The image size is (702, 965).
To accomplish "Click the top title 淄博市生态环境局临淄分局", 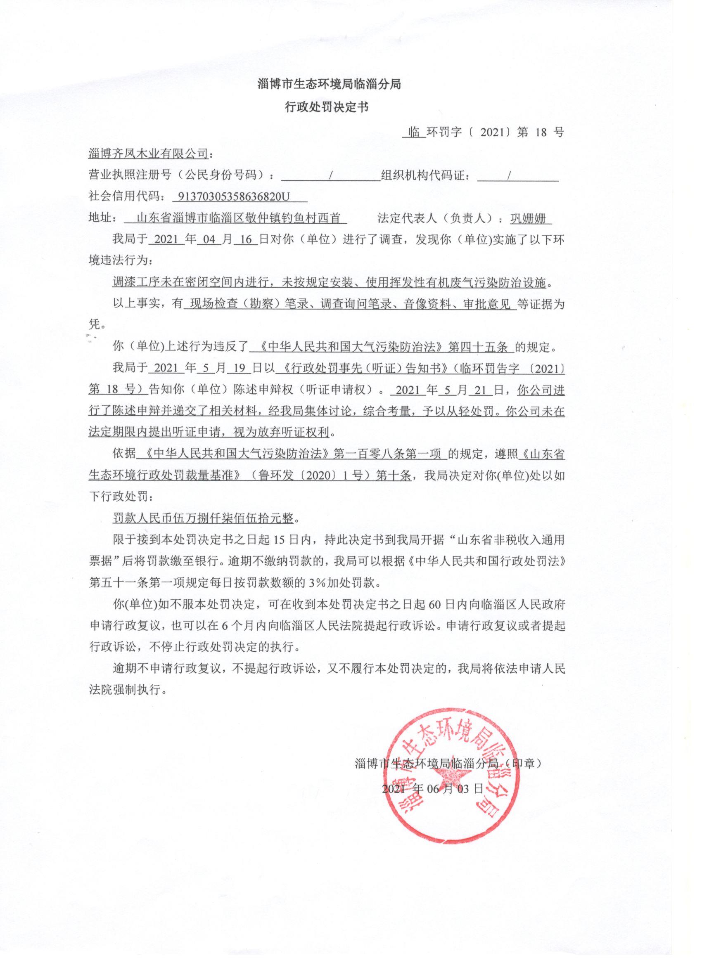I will [329, 84].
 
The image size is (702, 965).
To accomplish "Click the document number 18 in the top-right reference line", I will [541, 132].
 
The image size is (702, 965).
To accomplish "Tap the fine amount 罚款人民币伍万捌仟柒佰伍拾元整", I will [203, 519].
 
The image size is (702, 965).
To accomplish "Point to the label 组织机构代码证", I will [426, 175].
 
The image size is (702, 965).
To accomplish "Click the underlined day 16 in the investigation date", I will [247, 239].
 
